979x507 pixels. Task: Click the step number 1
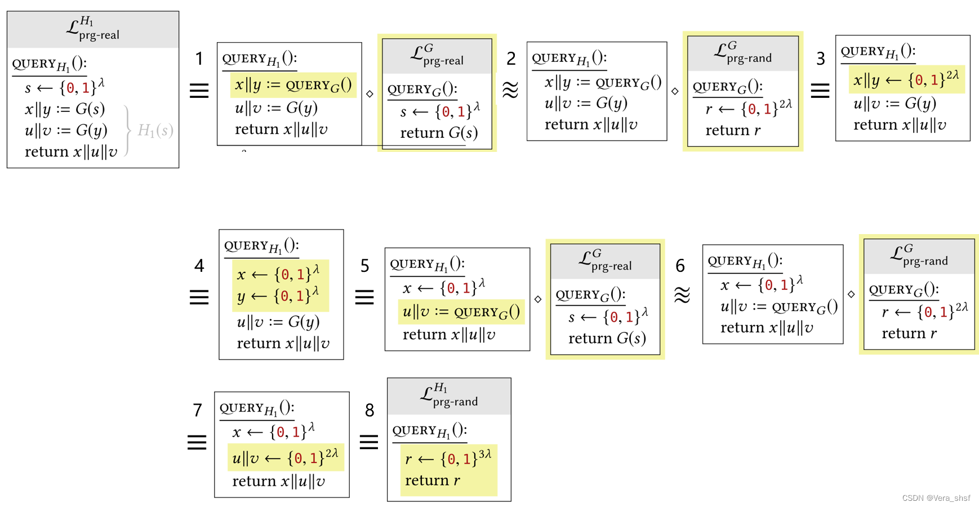pyautogui.click(x=199, y=59)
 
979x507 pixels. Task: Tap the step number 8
pyautogui.click(x=370, y=410)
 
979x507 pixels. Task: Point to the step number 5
pyautogui.click(x=365, y=266)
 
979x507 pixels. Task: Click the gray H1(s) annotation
pyautogui.click(x=155, y=131)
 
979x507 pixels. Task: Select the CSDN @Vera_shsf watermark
pyautogui.click(x=936, y=498)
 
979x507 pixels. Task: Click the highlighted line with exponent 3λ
pyautogui.click(x=448, y=459)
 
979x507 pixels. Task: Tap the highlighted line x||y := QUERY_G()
pyautogui.click(x=293, y=85)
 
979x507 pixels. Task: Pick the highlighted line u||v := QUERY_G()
pyautogui.click(x=461, y=312)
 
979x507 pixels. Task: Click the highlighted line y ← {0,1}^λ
pyautogui.click(x=278, y=295)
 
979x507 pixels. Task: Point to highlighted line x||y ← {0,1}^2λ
pyautogui.click(x=906, y=79)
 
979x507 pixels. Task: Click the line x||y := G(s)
pyautogui.click(x=65, y=109)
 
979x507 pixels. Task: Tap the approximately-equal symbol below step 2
pyautogui.click(x=510, y=90)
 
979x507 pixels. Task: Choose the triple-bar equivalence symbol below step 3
pyautogui.click(x=820, y=90)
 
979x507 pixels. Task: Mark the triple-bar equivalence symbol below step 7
pyautogui.click(x=197, y=442)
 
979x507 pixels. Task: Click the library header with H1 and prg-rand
pyautogui.click(x=449, y=396)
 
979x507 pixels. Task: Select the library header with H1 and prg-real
pyautogui.click(x=93, y=29)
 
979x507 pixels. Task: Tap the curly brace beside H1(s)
pyautogui.click(x=128, y=131)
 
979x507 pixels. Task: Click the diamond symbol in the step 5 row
pyautogui.click(x=538, y=299)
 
